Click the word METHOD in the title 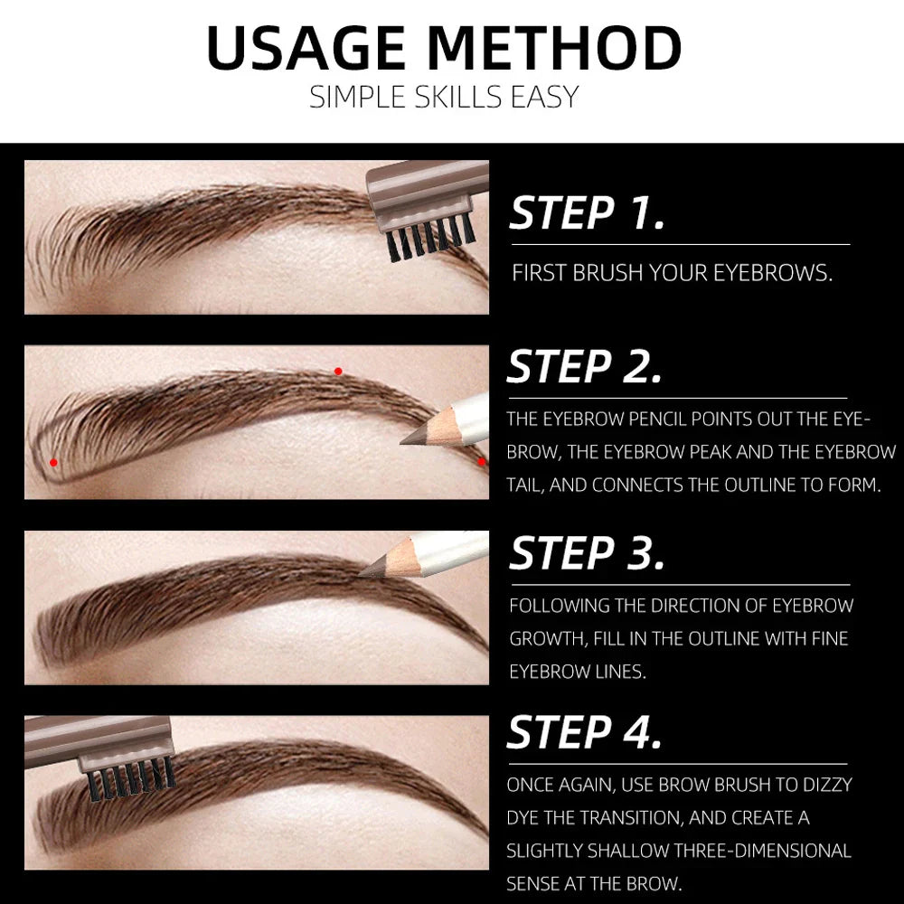tap(554, 49)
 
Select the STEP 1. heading tap(588, 214)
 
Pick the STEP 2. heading tap(585, 368)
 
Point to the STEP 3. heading tap(588, 554)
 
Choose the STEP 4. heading tap(585, 733)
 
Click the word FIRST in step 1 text tap(540, 273)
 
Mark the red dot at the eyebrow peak tap(338, 371)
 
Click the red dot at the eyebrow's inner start tap(53, 462)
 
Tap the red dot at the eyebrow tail tap(481, 461)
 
